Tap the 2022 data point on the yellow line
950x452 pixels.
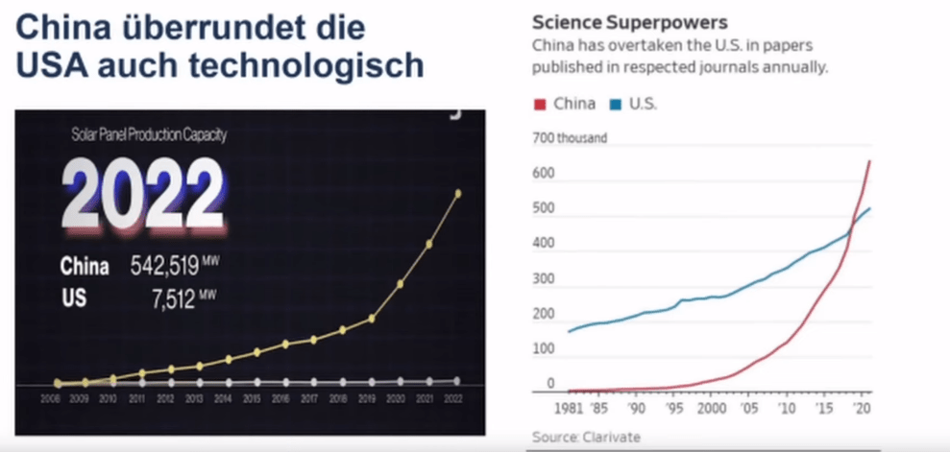[457, 193]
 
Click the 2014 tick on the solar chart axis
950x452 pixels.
[228, 397]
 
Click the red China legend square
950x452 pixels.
[539, 104]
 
